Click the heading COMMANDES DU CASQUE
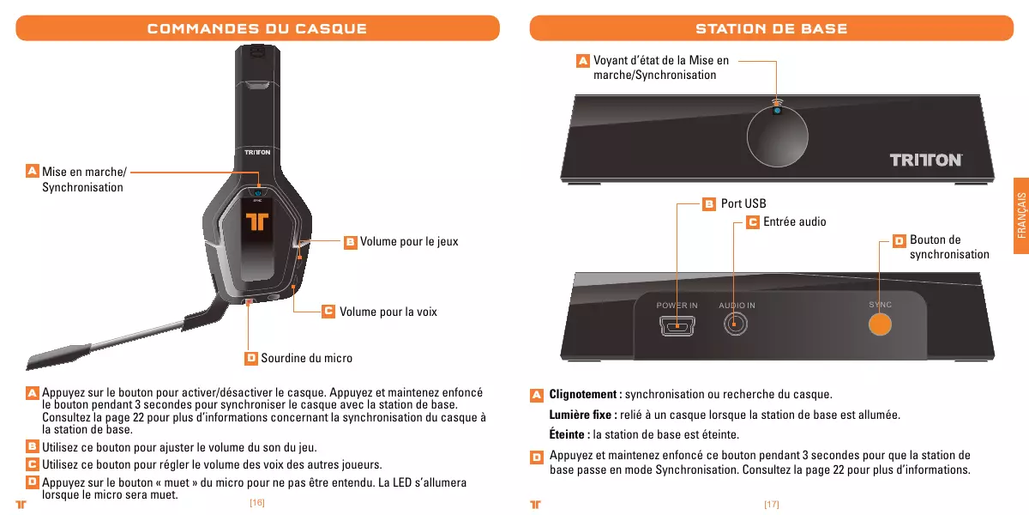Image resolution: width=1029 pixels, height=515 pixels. (x=257, y=28)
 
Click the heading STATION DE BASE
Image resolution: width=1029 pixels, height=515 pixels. (x=771, y=28)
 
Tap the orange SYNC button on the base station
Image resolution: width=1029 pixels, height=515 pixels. (x=880, y=324)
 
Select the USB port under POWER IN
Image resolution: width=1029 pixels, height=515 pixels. (x=677, y=325)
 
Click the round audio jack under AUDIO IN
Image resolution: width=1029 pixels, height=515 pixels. (x=736, y=324)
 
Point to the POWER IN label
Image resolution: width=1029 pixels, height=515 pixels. (x=677, y=306)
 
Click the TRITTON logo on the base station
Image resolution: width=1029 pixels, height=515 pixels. (x=925, y=161)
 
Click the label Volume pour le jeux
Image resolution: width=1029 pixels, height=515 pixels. (x=408, y=242)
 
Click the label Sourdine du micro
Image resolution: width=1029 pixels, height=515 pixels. (x=306, y=358)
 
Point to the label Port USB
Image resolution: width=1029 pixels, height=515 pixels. (x=743, y=204)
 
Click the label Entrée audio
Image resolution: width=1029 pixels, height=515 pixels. (x=794, y=222)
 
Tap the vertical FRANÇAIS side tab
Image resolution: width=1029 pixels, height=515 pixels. (x=1020, y=215)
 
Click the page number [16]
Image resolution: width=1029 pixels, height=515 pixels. (x=256, y=503)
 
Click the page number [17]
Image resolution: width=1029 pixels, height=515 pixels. (x=771, y=504)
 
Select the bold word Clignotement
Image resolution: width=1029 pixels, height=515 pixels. (x=585, y=395)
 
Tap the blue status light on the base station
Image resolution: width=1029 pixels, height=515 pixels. (x=776, y=110)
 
